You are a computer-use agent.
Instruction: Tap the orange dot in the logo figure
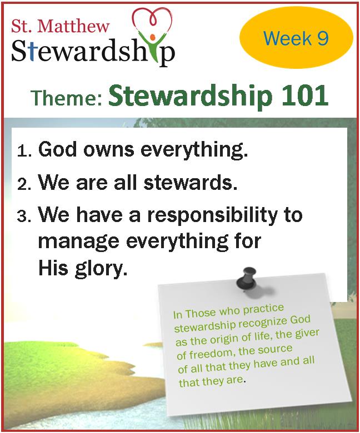[x=153, y=37]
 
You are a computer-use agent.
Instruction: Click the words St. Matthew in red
[x=60, y=26]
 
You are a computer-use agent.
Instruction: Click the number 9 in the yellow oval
[x=322, y=38]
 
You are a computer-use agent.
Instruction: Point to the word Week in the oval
[x=288, y=38]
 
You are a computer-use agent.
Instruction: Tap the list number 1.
[x=24, y=151]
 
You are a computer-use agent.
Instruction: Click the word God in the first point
[x=57, y=149]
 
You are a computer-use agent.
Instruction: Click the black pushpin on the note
[x=246, y=279]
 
